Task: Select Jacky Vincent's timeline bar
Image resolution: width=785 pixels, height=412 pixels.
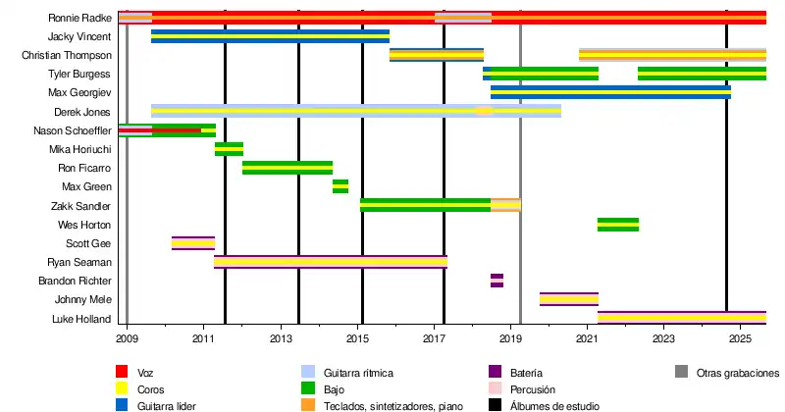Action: (270, 36)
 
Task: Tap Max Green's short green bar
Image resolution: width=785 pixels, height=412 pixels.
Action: (340, 186)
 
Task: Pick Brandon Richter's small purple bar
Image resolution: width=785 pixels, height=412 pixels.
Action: (497, 281)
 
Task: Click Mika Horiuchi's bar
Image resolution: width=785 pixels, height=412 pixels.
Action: (229, 149)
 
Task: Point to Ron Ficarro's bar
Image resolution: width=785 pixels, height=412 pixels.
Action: (288, 168)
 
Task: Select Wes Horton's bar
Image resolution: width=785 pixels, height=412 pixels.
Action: (618, 225)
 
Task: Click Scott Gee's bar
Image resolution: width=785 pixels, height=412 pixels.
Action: (193, 243)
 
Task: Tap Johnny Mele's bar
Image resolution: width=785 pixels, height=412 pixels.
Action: (569, 299)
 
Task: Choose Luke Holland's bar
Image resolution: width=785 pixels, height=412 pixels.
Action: (681, 318)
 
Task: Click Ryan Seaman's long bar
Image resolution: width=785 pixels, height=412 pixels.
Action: (331, 262)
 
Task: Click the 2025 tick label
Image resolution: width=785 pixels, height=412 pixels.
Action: (740, 338)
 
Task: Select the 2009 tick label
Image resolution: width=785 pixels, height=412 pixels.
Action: (128, 338)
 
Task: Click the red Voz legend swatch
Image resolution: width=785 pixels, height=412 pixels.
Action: (123, 373)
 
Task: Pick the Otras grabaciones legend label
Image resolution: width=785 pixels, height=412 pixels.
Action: (737, 373)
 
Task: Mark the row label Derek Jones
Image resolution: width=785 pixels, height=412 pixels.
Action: (86, 112)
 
